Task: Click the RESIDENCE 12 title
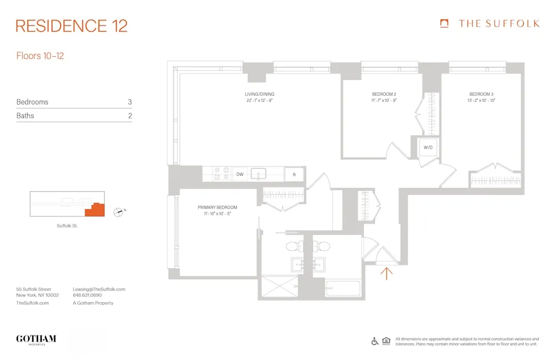tap(72, 26)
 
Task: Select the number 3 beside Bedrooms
tap(130, 102)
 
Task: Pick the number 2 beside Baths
tap(130, 116)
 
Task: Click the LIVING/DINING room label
tap(260, 94)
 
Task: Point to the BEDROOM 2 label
tap(384, 94)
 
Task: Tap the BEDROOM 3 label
tap(481, 94)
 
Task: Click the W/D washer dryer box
tap(428, 148)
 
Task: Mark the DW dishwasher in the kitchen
tap(240, 174)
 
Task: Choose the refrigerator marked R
tap(294, 174)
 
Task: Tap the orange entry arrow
tap(387, 272)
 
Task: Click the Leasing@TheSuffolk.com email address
tap(99, 289)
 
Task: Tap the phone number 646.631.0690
tap(88, 296)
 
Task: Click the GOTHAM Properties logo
tap(36, 339)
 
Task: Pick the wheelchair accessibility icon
tap(375, 341)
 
